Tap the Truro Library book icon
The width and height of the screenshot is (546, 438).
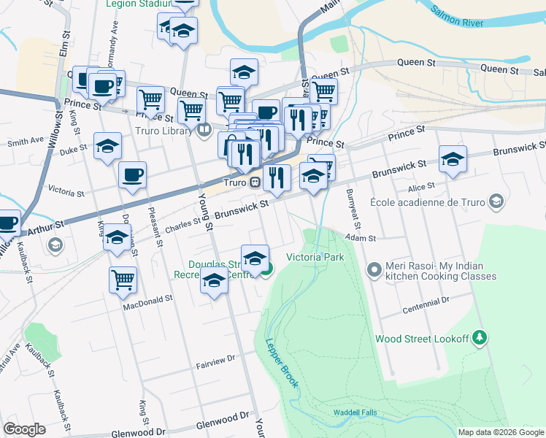point(204,131)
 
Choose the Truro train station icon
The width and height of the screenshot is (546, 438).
point(255,182)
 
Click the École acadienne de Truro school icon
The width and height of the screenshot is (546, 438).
point(496,201)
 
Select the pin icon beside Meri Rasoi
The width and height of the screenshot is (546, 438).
point(374,271)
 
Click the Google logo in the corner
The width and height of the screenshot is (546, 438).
point(25,429)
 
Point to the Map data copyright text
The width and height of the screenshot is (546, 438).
point(501,432)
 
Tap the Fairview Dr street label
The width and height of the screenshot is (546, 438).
point(216,359)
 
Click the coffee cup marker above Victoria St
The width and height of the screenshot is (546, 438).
point(133,175)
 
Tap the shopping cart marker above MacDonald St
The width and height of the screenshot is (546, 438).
point(123,278)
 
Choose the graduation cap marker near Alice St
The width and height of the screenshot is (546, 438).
point(453,159)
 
